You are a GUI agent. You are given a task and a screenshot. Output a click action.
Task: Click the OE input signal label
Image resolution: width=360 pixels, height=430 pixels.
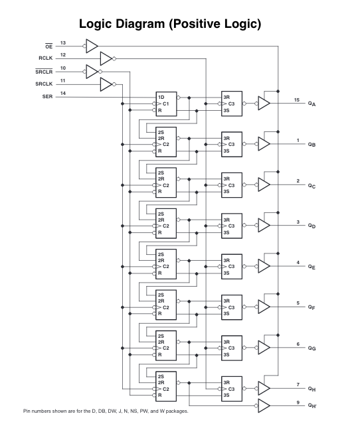[48, 47]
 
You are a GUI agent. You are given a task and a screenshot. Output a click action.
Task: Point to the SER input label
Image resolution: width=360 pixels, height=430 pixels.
[47, 97]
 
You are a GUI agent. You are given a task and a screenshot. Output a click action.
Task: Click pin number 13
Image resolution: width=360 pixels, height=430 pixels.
[63, 42]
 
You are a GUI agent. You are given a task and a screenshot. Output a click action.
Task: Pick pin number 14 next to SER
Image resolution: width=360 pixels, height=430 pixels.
[63, 93]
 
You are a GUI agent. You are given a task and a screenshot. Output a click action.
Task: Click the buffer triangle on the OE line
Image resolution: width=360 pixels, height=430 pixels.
[91, 46]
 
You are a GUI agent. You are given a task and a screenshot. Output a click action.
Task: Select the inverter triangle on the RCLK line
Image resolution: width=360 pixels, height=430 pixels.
[106, 58]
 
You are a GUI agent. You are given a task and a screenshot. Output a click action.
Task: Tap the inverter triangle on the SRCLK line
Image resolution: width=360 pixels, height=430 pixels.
[106, 84]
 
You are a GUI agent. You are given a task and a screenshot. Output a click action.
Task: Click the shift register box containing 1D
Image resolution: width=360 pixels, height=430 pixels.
[166, 104]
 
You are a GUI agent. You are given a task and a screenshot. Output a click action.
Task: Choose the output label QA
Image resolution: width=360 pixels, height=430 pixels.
[312, 104]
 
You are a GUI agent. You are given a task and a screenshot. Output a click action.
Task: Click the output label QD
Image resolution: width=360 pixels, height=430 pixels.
[312, 226]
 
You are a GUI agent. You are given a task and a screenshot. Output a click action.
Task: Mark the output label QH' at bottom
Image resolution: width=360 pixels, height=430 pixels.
[312, 406]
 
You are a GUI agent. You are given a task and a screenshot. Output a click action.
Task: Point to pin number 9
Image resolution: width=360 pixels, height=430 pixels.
[298, 401]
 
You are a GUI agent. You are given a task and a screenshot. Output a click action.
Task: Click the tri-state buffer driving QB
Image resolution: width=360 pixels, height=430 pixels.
[264, 144]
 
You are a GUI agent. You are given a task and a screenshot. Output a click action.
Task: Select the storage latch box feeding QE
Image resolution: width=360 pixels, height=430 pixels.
[232, 266]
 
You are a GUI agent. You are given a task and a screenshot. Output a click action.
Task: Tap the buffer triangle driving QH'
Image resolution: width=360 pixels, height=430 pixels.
[264, 405]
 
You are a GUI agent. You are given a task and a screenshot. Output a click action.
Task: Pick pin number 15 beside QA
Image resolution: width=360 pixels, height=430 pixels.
[298, 100]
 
